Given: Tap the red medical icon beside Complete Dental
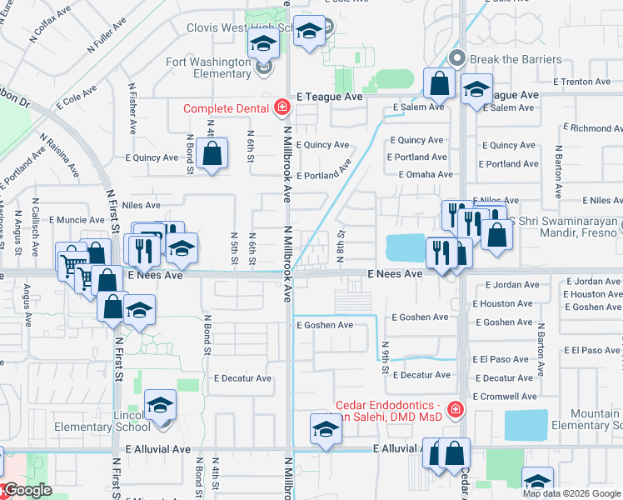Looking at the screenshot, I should point(282,107).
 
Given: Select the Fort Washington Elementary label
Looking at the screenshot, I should point(208,67).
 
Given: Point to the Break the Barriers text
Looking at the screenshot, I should point(516,59).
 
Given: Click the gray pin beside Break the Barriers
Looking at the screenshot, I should point(456,59).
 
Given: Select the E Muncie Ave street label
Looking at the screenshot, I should point(75,220).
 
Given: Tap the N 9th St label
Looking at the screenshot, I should point(385,356).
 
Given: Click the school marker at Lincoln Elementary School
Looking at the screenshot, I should point(160,406).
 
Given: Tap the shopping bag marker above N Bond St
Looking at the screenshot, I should point(212,153).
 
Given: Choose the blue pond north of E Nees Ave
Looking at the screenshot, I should point(404,247).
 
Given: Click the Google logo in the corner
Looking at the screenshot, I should point(28,490).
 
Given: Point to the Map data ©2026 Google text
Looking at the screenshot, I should point(572,493).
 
